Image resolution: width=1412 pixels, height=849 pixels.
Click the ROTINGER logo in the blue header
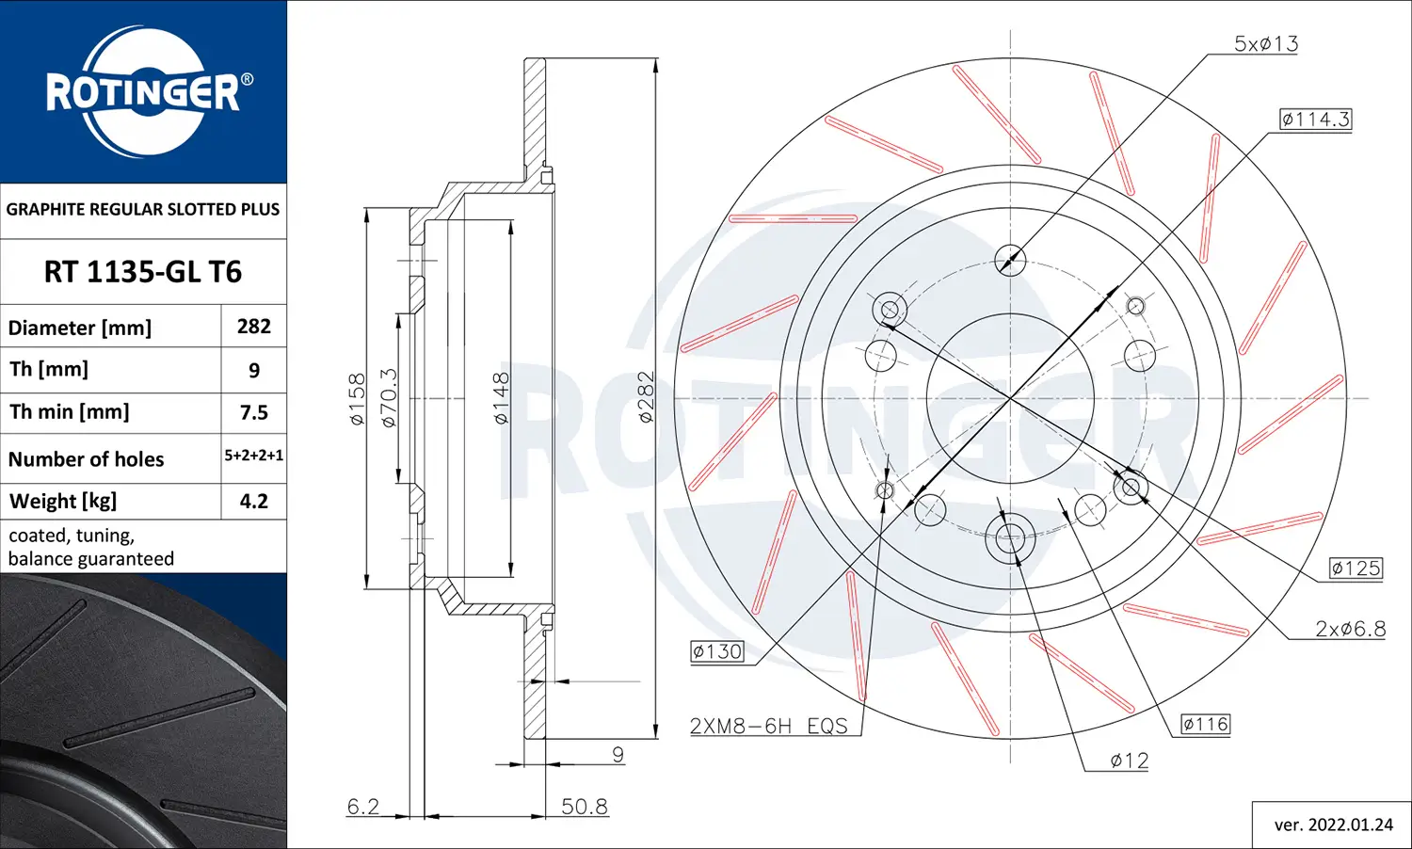tap(144, 91)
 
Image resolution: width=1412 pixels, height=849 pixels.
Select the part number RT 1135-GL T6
tap(143, 272)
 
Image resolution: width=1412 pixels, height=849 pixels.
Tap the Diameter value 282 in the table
tap(254, 327)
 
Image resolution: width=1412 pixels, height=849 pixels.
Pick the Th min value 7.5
tap(254, 412)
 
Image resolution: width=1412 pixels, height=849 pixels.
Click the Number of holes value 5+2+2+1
tap(254, 456)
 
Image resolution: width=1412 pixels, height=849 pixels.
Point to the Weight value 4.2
tap(254, 501)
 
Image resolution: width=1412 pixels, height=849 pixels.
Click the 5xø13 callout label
tap(1266, 43)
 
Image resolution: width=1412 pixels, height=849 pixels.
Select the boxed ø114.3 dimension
tap(1315, 120)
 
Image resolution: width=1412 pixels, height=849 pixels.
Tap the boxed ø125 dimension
tap(1356, 569)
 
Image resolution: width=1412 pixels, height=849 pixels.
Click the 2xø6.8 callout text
tap(1350, 629)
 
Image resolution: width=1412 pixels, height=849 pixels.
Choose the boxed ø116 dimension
tap(1206, 724)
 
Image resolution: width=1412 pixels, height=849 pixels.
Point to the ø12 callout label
tap(1129, 761)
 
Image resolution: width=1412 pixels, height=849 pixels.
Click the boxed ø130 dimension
tap(717, 651)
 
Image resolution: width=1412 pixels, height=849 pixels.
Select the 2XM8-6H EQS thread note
tap(768, 726)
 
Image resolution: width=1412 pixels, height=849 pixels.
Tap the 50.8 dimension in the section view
tap(585, 807)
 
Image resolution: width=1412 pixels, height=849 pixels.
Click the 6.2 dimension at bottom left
tap(363, 807)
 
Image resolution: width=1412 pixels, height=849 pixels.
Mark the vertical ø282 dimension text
tap(646, 397)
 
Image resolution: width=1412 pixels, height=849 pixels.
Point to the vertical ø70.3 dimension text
tap(389, 398)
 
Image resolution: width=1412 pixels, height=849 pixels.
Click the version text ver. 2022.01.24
tap(1333, 825)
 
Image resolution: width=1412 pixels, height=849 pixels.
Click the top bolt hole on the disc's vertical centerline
tap(1010, 260)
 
